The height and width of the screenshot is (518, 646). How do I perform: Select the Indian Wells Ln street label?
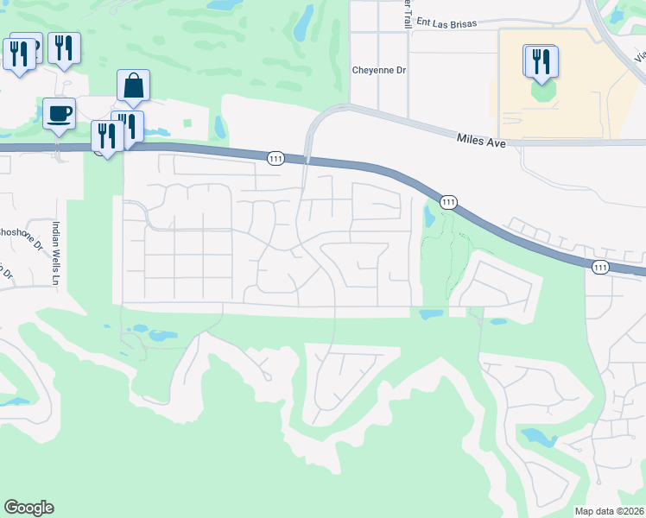pos(55,252)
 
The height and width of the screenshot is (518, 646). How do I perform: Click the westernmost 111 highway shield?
pos(275,158)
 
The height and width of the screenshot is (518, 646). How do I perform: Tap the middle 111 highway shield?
pos(448,202)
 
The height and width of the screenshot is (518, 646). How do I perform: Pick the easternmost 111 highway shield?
pos(600,268)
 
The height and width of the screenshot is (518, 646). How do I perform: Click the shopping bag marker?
pos(133,86)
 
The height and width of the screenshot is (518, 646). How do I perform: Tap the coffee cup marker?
pos(59,114)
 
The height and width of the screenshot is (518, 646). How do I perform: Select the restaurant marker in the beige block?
pos(541,61)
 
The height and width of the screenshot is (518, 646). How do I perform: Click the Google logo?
pos(28,508)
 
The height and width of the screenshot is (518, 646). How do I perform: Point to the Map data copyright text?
pos(610,511)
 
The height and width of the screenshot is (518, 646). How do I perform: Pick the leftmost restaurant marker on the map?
pos(17,54)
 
